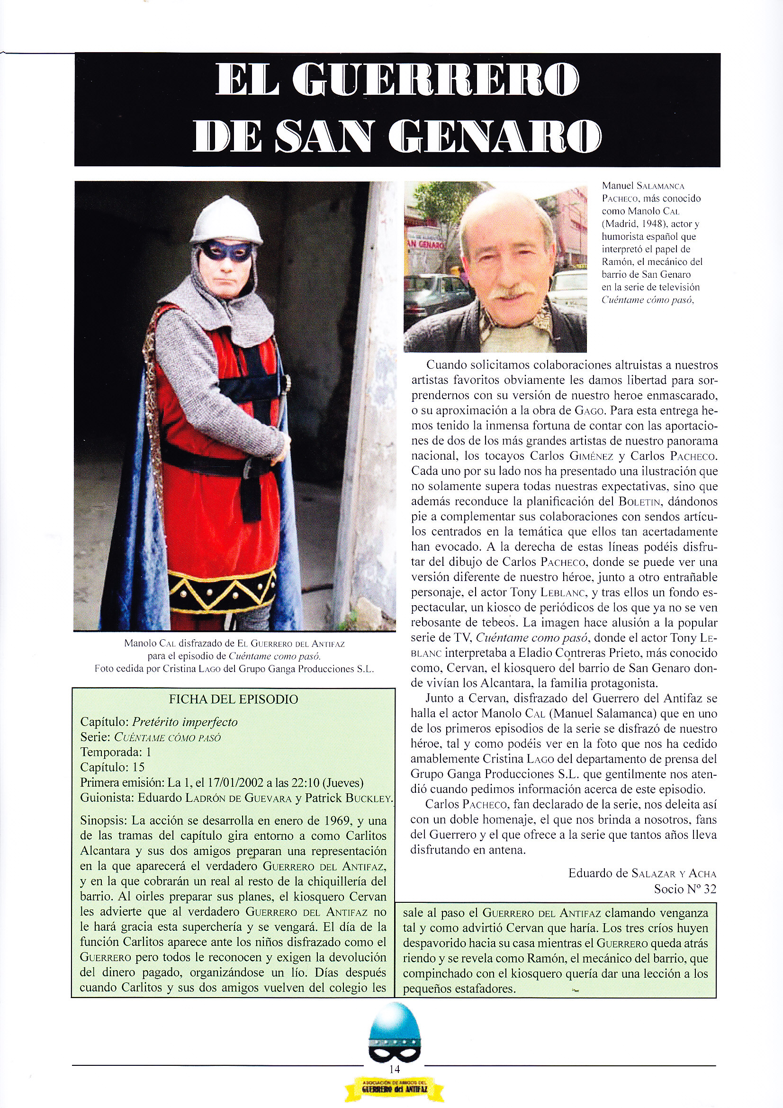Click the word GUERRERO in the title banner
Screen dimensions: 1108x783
tap(436, 80)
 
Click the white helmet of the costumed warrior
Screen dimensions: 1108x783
tap(226, 219)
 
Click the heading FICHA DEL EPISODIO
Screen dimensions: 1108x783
tap(234, 699)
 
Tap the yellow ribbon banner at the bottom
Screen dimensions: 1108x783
tap(394, 1074)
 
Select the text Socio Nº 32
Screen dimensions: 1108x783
tap(684, 889)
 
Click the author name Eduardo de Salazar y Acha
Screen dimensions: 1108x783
tap(642, 873)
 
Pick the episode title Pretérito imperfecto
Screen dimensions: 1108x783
tap(185, 722)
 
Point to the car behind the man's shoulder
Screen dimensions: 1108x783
tap(432, 294)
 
